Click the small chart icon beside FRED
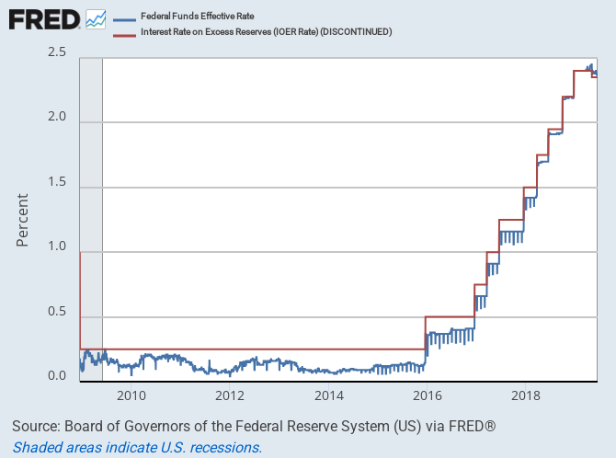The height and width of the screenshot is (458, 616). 96,18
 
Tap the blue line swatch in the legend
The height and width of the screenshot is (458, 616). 126,17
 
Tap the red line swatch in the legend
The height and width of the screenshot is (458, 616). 126,32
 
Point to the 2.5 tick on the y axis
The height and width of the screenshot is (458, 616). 57,52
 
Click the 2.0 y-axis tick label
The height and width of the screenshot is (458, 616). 57,118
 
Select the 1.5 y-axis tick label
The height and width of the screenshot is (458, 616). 57,182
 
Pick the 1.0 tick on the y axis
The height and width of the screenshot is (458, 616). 57,246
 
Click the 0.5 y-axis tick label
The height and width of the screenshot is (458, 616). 57,311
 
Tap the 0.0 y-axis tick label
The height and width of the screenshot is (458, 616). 57,375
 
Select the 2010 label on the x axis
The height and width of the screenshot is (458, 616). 131,396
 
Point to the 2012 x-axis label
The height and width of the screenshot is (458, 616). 230,396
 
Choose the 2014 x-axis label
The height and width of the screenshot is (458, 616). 328,396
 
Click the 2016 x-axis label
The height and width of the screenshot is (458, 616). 427,396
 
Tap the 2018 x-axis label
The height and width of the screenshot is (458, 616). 525,396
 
